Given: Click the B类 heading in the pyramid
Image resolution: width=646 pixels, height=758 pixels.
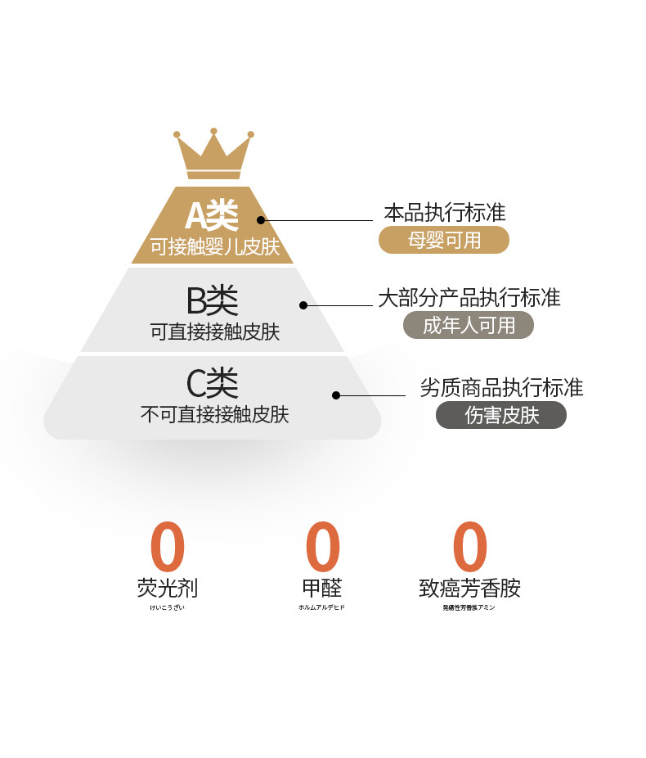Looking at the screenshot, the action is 212,301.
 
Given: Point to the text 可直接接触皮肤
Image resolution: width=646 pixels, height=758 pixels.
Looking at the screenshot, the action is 214,332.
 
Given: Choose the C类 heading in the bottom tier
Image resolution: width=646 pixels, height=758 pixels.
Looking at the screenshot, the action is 212,382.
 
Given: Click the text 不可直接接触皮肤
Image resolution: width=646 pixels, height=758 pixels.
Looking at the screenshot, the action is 214,414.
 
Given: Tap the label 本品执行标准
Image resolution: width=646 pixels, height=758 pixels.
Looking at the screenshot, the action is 445,214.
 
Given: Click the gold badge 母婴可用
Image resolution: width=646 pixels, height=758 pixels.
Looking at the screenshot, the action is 444,240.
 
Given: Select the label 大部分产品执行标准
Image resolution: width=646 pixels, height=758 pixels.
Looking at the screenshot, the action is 469,297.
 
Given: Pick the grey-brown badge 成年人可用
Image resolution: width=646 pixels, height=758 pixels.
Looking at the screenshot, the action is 469,325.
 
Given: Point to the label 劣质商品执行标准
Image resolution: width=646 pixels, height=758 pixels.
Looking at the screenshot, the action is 501,387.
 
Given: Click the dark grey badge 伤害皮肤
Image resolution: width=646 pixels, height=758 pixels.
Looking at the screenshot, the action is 501,415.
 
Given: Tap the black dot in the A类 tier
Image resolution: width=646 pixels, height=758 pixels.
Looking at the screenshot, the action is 261,219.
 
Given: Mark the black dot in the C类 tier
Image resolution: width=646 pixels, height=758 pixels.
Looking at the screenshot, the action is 336,395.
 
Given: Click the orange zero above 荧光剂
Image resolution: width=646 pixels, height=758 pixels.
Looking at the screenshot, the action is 168,547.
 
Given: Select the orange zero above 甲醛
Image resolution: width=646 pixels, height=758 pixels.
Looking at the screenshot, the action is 322,547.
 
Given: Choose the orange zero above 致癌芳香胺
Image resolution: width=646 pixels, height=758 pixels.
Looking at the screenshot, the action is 469,547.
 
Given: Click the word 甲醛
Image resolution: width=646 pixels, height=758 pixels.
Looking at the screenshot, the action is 322,588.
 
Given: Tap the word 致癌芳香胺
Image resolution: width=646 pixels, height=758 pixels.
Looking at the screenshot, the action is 469,588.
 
